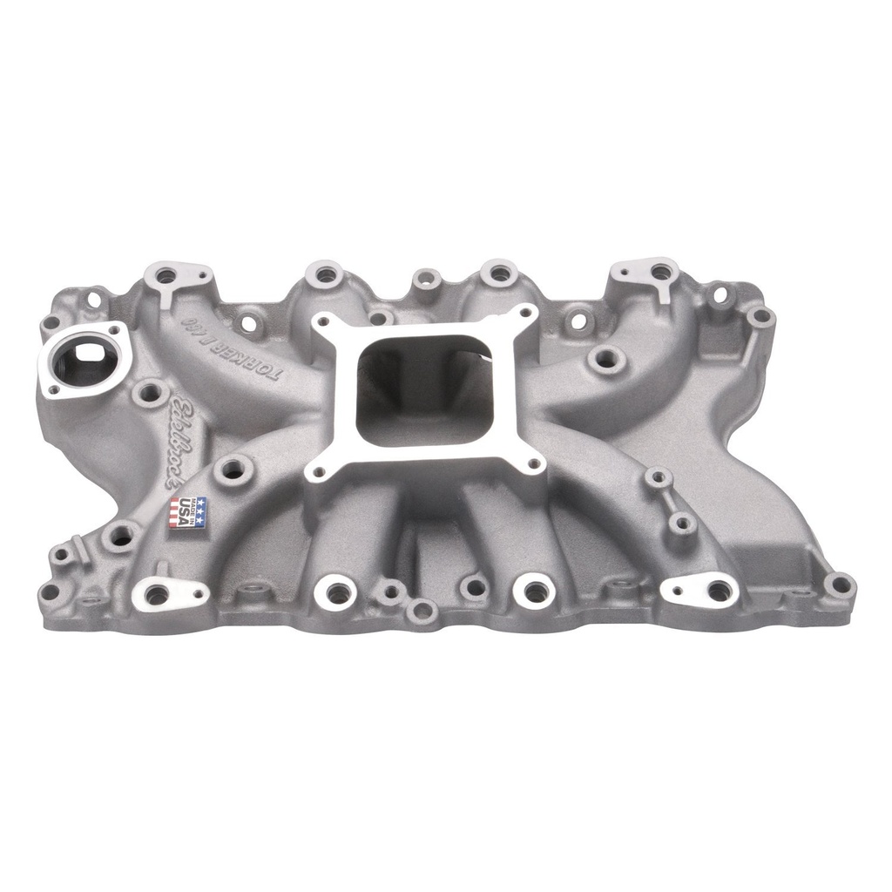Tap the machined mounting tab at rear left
pos(171,279)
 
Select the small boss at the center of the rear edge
pos(425,279)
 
